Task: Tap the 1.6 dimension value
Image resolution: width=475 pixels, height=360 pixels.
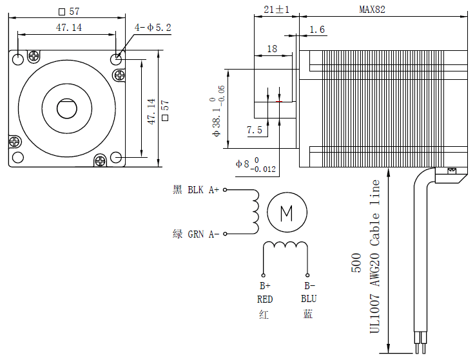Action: click(x=318, y=30)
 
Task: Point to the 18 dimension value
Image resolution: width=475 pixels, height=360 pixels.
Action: click(x=271, y=49)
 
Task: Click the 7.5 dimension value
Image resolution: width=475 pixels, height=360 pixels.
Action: click(x=255, y=130)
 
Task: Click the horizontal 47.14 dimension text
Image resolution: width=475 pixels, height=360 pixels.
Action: click(x=69, y=28)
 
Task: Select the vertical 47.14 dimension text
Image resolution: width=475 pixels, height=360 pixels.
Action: click(x=151, y=111)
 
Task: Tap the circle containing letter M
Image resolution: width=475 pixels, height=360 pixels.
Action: click(x=287, y=211)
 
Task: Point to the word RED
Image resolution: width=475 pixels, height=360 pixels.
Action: click(x=265, y=299)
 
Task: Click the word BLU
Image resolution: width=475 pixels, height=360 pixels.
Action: click(x=309, y=299)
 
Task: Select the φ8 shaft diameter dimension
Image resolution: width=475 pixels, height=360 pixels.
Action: click(x=255, y=164)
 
